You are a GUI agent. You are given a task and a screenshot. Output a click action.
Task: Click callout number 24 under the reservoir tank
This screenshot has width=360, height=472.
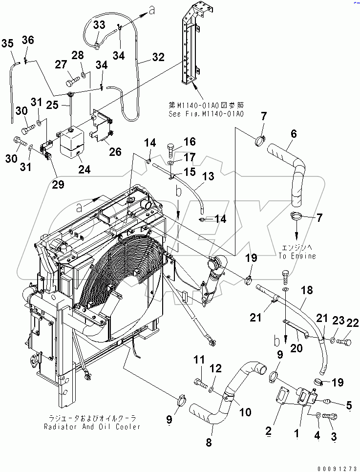(x=85, y=170)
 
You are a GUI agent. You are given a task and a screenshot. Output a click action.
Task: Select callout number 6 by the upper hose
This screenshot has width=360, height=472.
(x=294, y=133)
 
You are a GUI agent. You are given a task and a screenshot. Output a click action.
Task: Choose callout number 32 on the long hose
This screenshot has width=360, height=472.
(x=158, y=58)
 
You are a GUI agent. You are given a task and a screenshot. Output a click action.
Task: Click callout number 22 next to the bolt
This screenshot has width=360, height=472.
(x=353, y=322)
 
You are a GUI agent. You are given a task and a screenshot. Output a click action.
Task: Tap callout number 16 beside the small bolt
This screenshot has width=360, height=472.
(x=190, y=142)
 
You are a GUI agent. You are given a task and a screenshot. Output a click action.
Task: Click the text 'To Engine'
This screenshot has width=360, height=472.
(x=297, y=256)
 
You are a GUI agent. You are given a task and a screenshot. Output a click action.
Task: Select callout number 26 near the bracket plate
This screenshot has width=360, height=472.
(x=115, y=152)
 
